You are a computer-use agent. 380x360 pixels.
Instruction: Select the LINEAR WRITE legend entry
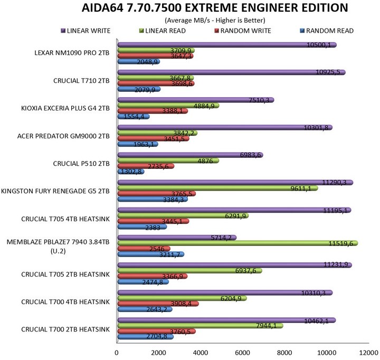pyautogui.click(x=89, y=31)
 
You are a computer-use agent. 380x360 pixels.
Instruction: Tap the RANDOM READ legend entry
pyautogui.click(x=329, y=31)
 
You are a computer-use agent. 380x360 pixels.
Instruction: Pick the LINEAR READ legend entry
pyautogui.click(x=168, y=31)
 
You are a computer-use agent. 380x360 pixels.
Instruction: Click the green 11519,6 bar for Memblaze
pyautogui.click(x=237, y=243)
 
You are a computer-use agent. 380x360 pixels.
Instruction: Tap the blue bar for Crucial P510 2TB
pyautogui.click(x=130, y=172)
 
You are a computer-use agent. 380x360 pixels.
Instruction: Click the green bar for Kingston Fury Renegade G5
pyautogui.click(x=217, y=188)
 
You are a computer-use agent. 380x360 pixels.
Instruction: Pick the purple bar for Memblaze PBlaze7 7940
pyautogui.click(x=176, y=238)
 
